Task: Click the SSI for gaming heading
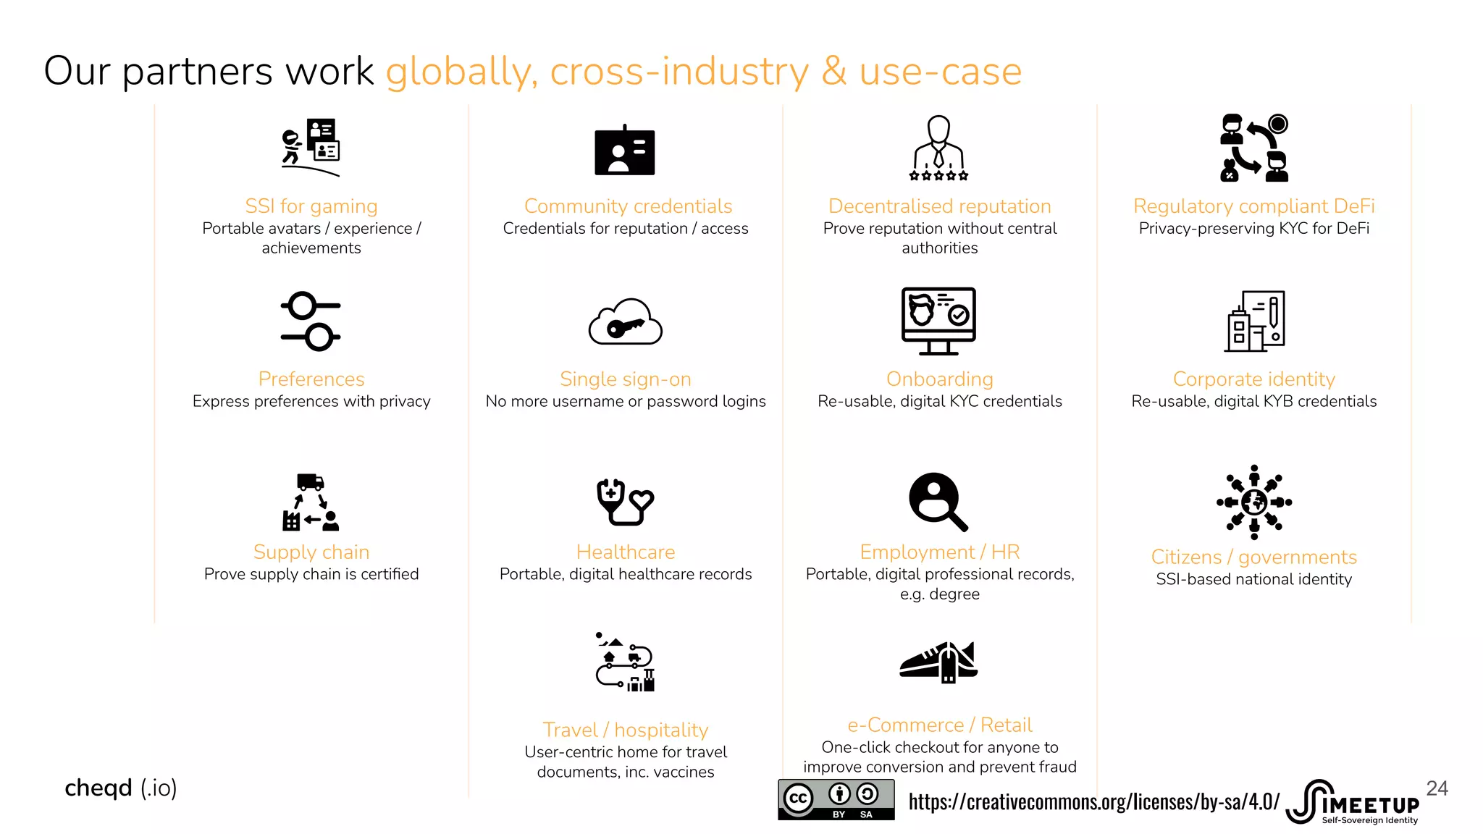pyautogui.click(x=311, y=206)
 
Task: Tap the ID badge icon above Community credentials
pyautogui.click(x=624, y=151)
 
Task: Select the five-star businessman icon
pyautogui.click(x=938, y=148)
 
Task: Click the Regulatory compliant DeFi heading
pyautogui.click(x=1253, y=206)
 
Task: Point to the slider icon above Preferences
pyautogui.click(x=311, y=321)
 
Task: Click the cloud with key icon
pyautogui.click(x=626, y=322)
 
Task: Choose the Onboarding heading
pyautogui.click(x=939, y=379)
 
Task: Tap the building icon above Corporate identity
pyautogui.click(x=1254, y=321)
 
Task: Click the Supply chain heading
pyautogui.click(x=311, y=552)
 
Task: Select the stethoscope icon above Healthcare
pyautogui.click(x=625, y=502)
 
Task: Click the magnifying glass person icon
pyautogui.click(x=938, y=502)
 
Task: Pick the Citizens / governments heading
pyautogui.click(x=1253, y=557)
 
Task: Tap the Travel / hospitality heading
pyautogui.click(x=626, y=730)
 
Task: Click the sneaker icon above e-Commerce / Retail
pyautogui.click(x=938, y=662)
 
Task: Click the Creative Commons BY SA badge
pyautogui.click(x=836, y=799)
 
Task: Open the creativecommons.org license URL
pyautogui.click(x=1093, y=802)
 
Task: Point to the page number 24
pyautogui.click(x=1437, y=788)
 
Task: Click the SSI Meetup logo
pyautogui.click(x=1353, y=802)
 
